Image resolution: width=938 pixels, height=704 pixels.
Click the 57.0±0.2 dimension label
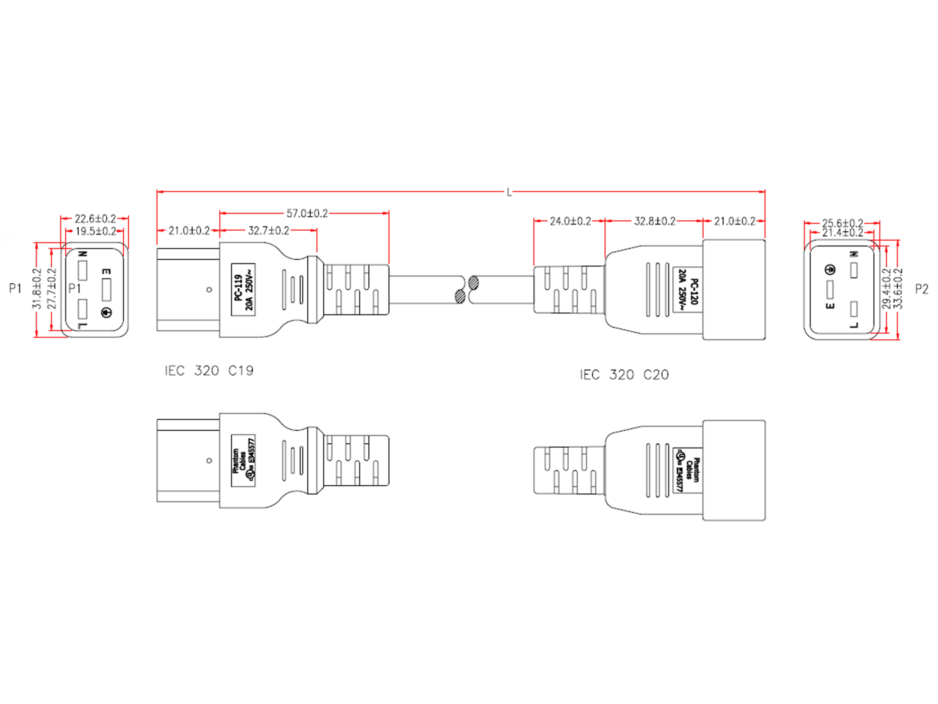point(307,213)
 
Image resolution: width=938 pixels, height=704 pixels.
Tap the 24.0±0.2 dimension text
point(570,221)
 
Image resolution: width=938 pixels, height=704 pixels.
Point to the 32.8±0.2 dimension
point(655,221)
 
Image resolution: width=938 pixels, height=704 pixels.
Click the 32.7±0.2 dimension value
point(268,231)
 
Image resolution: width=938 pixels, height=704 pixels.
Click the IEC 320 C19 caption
point(209,371)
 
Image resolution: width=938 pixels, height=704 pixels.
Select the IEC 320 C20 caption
point(624,375)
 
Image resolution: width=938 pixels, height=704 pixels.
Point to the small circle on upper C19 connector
point(209,290)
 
